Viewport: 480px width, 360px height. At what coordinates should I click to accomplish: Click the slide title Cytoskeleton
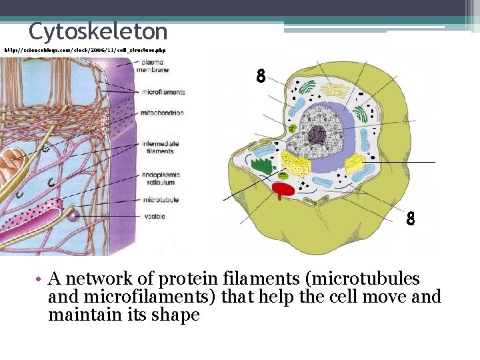[98, 31]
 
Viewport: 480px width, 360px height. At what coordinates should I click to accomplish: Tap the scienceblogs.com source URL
[85, 50]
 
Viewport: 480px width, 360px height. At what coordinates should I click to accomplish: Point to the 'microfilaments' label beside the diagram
[163, 92]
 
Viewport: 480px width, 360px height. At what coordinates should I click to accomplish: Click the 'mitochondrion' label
[162, 113]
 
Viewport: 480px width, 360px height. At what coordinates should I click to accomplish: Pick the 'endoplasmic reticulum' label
[158, 178]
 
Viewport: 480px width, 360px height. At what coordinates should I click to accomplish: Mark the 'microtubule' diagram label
[160, 199]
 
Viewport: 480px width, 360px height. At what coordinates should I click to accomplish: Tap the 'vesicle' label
[154, 217]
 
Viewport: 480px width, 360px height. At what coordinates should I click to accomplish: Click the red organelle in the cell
[282, 191]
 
